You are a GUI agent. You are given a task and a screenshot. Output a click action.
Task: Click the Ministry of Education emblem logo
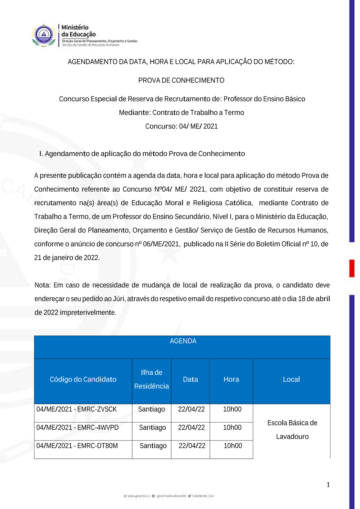tap(44, 35)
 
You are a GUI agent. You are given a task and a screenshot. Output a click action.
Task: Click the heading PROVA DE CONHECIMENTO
tap(181, 80)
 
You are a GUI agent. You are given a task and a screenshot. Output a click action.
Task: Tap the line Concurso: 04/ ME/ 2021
tap(181, 126)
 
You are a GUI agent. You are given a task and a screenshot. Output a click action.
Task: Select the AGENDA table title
tap(183, 341)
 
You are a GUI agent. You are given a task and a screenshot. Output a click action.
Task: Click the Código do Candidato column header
tap(83, 379)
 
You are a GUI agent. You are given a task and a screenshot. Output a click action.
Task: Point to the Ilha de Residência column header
tap(152, 379)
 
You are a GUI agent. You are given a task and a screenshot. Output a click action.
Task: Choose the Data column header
tap(190, 379)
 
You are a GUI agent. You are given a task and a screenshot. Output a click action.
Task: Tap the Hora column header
tap(231, 379)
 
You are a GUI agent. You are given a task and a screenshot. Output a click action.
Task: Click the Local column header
tap(291, 379)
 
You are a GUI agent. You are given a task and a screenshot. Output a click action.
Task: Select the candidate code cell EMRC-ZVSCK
tap(77, 410)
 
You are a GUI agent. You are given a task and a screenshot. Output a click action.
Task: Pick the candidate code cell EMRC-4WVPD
tap(77, 428)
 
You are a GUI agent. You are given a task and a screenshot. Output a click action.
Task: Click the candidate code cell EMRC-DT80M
tap(77, 446)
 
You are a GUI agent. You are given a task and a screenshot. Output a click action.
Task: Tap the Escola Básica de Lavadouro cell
tap(292, 430)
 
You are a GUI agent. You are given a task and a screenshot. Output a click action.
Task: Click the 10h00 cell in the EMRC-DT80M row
tap(233, 446)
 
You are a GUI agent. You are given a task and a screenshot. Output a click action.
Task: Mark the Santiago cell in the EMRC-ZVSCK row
tap(152, 410)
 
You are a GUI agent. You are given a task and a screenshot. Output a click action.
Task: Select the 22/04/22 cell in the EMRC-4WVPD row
tap(191, 428)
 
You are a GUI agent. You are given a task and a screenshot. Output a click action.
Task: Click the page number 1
tap(328, 485)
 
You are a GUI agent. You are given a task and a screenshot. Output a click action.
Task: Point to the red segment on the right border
tap(352, 268)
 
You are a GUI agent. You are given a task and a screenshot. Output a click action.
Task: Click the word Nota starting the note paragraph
tap(42, 285)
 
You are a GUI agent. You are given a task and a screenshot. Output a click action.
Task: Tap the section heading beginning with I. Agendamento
tap(142, 154)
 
